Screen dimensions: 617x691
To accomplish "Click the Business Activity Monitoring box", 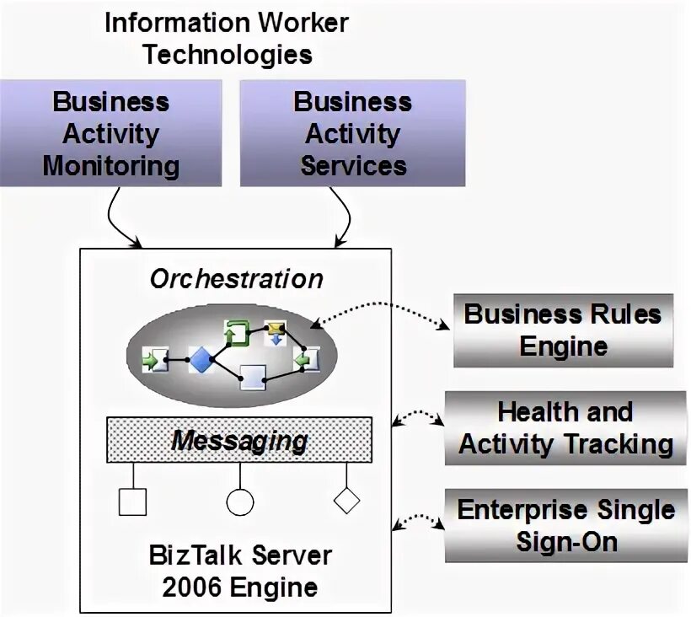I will click(111, 133).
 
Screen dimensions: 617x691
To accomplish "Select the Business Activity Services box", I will click(352, 133).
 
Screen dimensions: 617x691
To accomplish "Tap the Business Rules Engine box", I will click(563, 330).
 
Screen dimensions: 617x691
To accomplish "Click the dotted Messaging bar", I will click(239, 439).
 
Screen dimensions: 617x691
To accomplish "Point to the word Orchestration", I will click(236, 279).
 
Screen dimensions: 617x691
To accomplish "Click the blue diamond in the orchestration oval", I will click(201, 361).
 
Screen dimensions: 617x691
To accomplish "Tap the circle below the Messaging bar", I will click(239, 502).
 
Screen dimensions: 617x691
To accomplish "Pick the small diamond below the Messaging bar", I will click(346, 500).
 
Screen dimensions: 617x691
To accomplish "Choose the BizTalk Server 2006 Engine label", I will click(240, 571).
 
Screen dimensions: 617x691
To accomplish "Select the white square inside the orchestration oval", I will click(254, 377).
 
